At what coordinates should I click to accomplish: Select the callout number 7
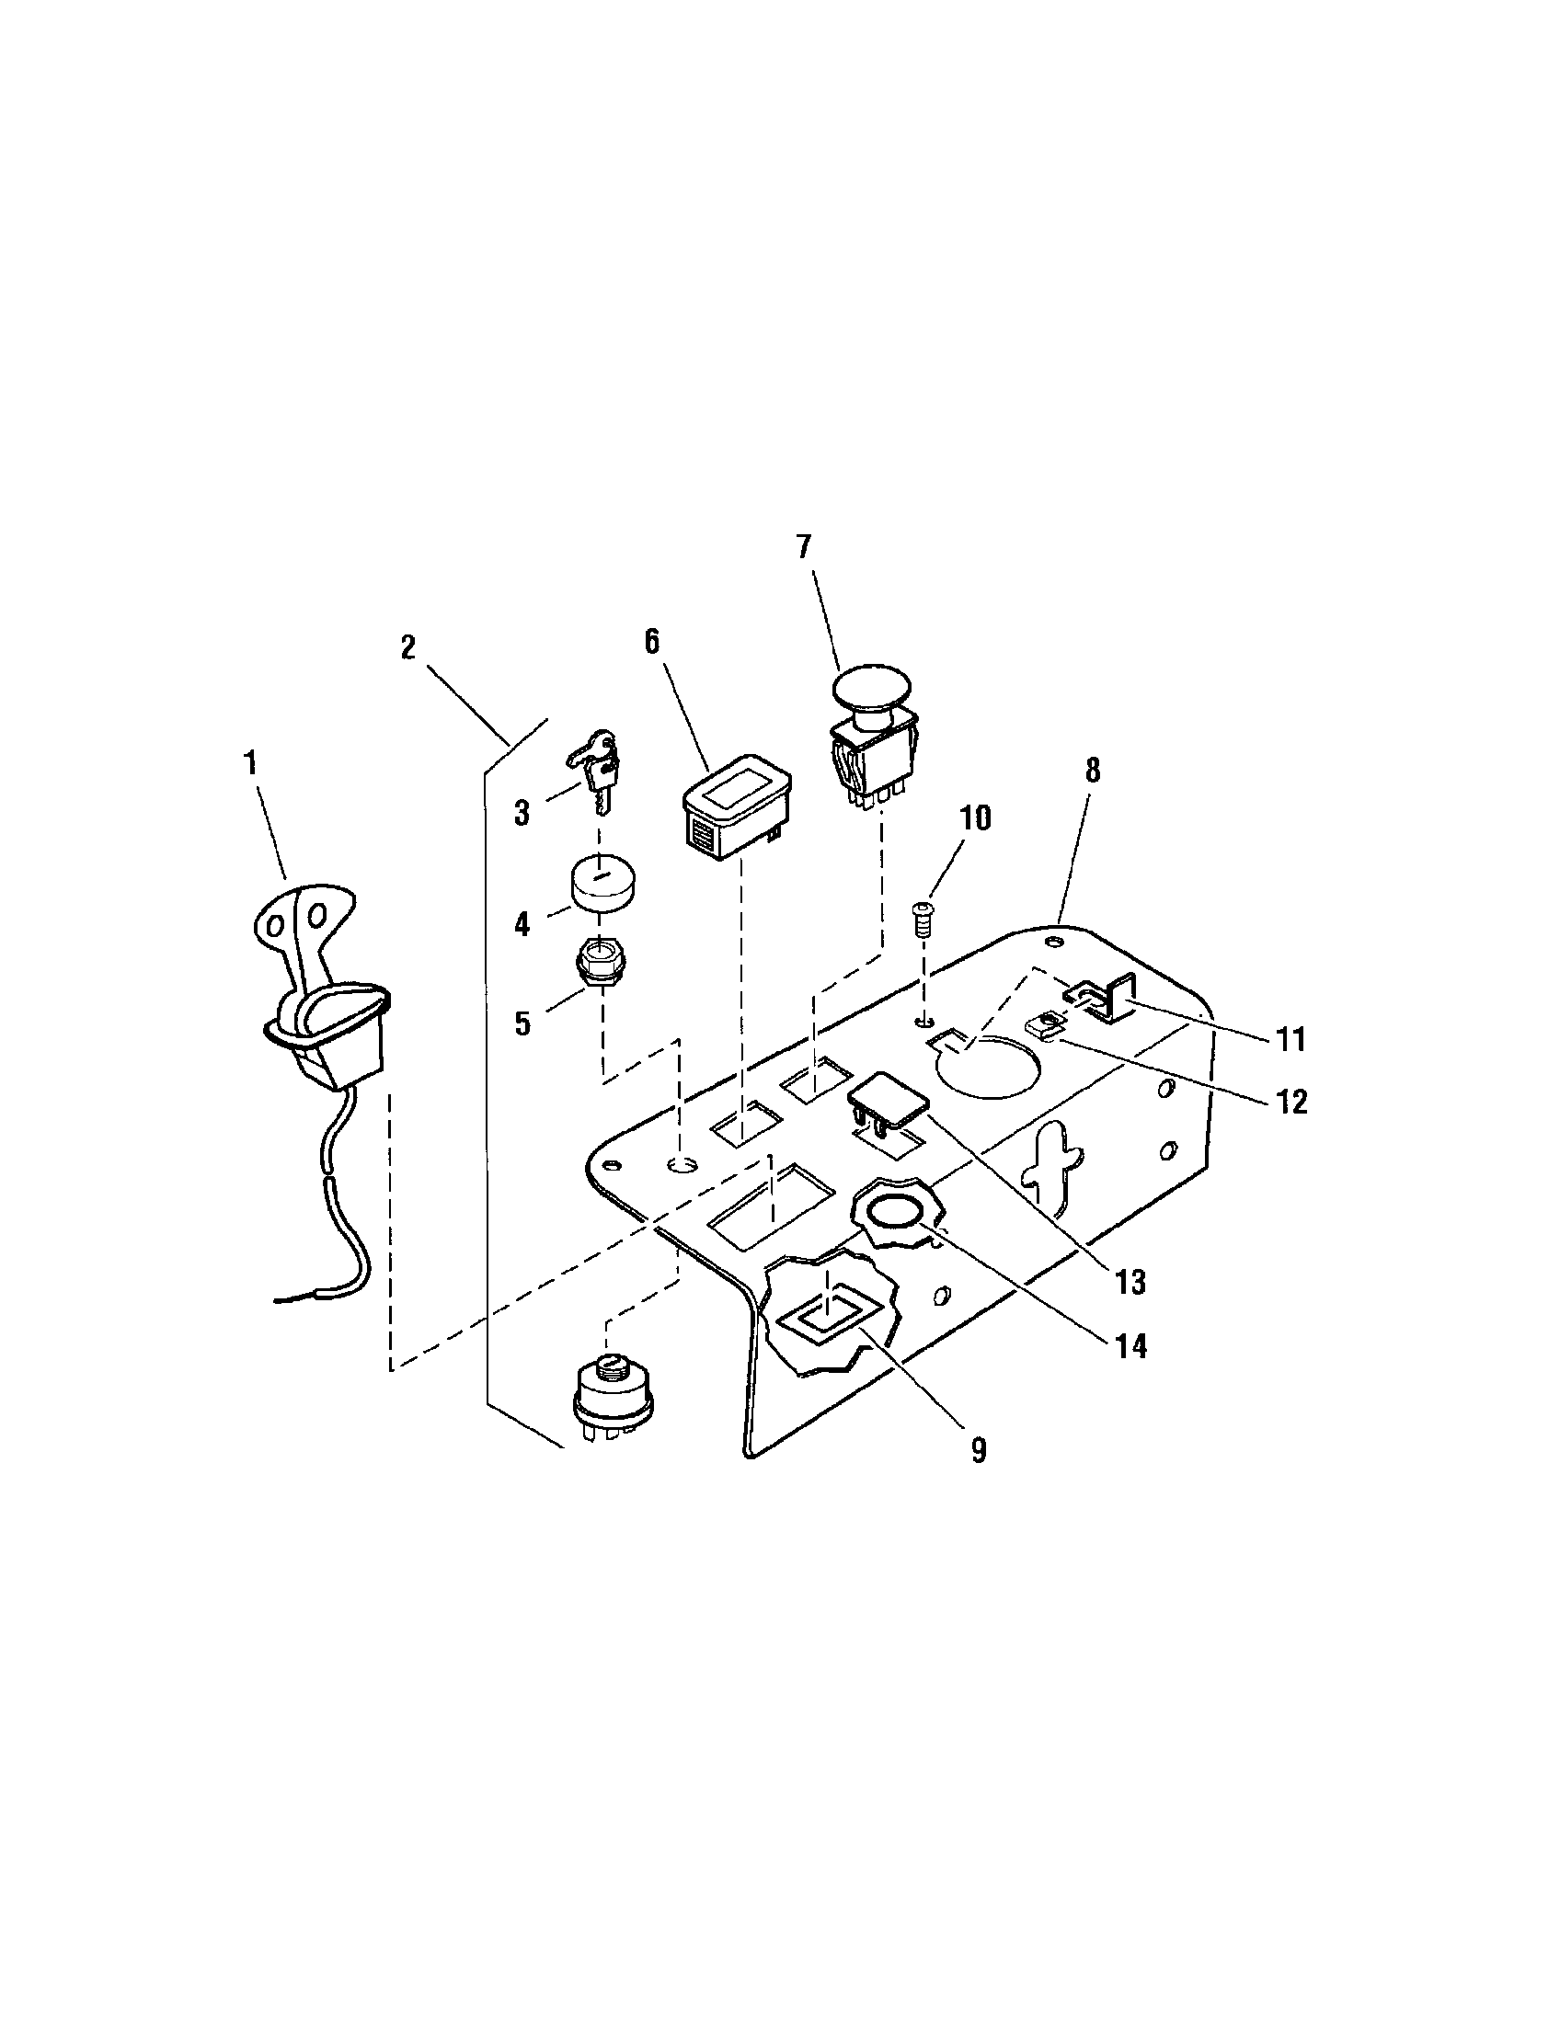(x=803, y=547)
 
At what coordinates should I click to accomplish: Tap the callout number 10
(x=974, y=817)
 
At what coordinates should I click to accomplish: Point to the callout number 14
(x=1130, y=1346)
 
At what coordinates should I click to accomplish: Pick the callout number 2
(x=408, y=647)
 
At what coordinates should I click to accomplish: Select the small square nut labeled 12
(x=1045, y=1025)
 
